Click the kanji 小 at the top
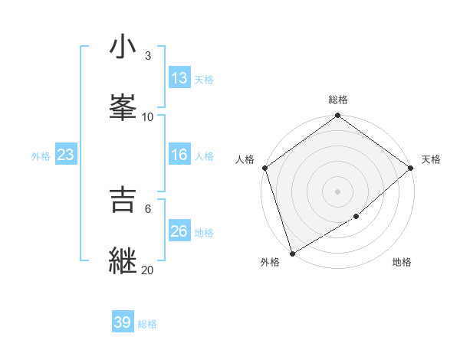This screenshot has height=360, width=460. click(123, 48)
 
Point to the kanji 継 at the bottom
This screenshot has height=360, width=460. click(123, 260)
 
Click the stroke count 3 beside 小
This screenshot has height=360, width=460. click(147, 56)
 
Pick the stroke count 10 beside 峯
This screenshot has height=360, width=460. click(148, 116)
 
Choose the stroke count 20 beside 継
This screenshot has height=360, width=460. click(148, 270)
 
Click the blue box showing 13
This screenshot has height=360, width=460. click(179, 78)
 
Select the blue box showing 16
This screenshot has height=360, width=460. click(179, 155)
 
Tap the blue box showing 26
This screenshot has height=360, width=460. click(179, 231)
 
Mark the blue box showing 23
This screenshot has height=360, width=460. click(65, 155)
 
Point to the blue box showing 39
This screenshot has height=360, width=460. click(122, 322)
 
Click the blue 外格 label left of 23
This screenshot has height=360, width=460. click(41, 155)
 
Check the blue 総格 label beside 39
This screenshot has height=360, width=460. click(147, 323)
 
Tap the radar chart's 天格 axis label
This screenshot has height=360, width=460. click(431, 159)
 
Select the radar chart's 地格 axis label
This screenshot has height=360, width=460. click(402, 263)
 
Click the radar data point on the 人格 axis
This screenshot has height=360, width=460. click(264, 168)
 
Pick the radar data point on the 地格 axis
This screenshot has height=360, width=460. click(356, 217)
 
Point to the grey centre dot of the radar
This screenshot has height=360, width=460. click(337, 191)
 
